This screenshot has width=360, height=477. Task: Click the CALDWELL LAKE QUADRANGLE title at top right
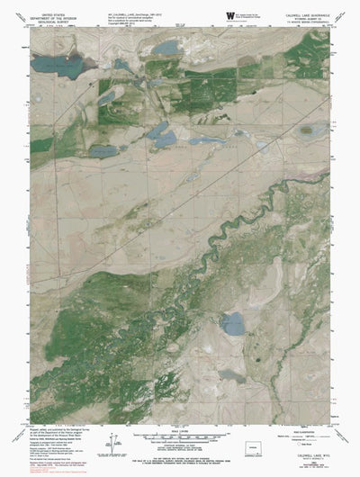coord(305,13)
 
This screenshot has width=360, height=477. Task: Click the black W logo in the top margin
coord(230,15)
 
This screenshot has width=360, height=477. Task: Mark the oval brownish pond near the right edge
coord(310,131)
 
